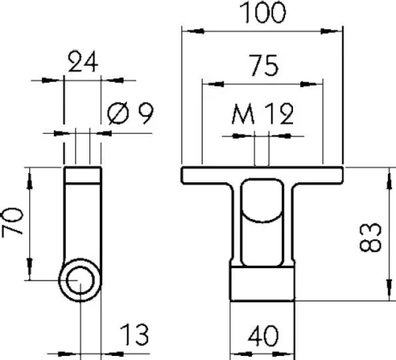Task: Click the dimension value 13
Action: pos(136,336)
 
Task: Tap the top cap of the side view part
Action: pos(82,174)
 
